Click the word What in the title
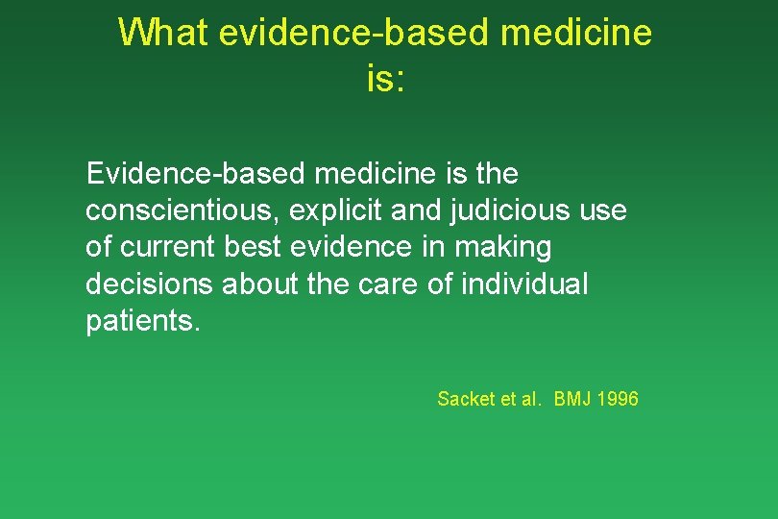click(x=163, y=33)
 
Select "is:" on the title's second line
click(x=387, y=79)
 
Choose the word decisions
click(x=149, y=284)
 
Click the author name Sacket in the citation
click(x=466, y=399)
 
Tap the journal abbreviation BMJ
click(x=572, y=399)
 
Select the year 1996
click(x=618, y=399)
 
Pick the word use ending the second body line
click(x=603, y=210)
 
